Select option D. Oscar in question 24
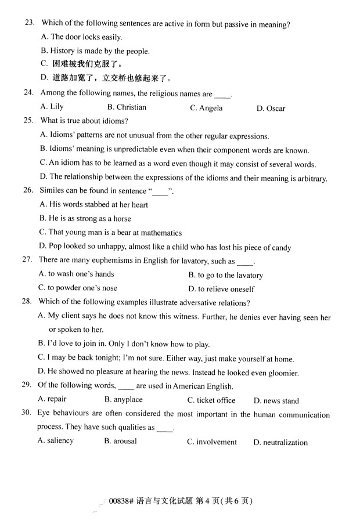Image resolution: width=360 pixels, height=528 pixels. [x=271, y=109]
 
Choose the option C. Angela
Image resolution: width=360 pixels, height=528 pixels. [x=206, y=108]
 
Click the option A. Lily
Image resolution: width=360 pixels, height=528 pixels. [x=52, y=107]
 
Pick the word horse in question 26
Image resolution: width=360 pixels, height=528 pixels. [x=120, y=219]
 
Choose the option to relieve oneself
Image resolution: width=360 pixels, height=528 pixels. [x=221, y=289]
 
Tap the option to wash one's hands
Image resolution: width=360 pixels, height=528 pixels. [x=76, y=274]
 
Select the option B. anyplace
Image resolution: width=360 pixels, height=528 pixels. [x=123, y=400]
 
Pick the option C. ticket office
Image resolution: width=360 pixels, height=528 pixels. [x=211, y=400]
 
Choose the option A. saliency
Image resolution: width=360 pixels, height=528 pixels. [x=55, y=441]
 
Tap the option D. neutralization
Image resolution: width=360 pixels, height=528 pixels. [x=280, y=443]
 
